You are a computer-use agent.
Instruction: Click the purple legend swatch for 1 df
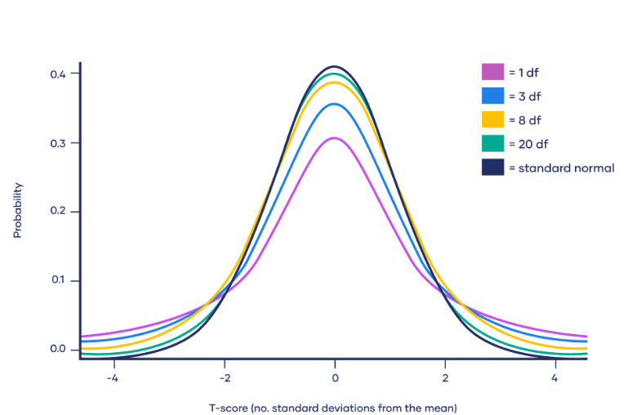[x=492, y=72]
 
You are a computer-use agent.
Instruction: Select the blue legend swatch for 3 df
[x=492, y=96]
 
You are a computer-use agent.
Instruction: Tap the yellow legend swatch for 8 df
[x=492, y=119]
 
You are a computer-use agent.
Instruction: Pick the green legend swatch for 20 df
[x=492, y=144]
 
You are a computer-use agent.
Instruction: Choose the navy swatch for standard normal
[x=492, y=167]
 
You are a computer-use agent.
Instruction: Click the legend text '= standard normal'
[x=561, y=168]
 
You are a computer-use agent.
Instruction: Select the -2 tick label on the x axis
[x=223, y=378]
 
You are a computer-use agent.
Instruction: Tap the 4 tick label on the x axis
[x=554, y=378]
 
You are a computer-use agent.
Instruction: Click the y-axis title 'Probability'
[x=17, y=210]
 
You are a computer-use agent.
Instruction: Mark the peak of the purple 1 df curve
[x=335, y=138]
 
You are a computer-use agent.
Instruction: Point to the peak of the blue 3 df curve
[x=335, y=104]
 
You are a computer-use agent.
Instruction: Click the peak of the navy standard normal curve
[x=335, y=67]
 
